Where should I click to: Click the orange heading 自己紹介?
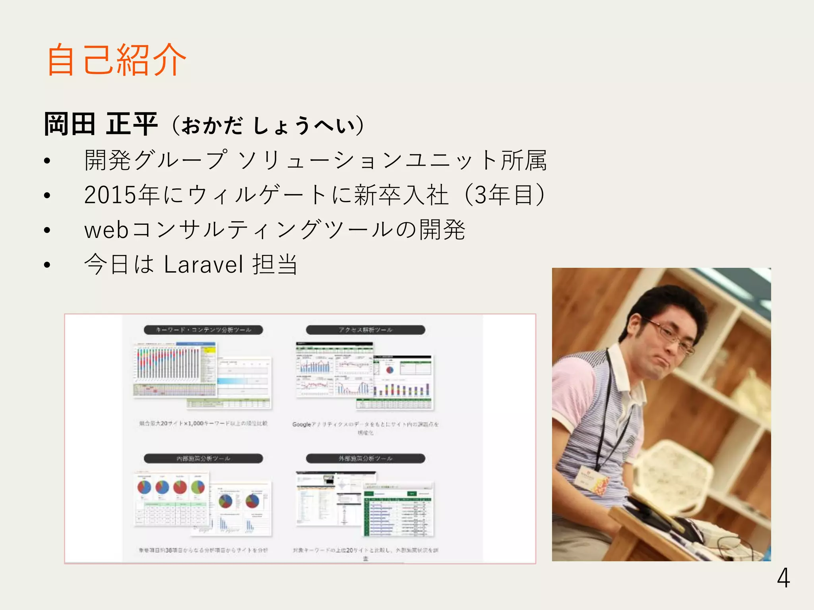[x=116, y=60]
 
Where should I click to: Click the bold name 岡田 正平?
[x=101, y=124]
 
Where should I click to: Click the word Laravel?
[x=203, y=264]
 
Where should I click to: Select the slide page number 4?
[x=783, y=578]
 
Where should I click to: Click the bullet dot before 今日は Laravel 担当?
[x=47, y=265]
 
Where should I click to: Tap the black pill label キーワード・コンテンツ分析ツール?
[x=203, y=330]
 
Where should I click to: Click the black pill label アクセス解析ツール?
[x=365, y=330]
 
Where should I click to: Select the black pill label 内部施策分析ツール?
[x=203, y=459]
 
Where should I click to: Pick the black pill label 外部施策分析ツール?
[x=365, y=459]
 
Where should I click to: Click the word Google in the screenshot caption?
[x=302, y=425]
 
